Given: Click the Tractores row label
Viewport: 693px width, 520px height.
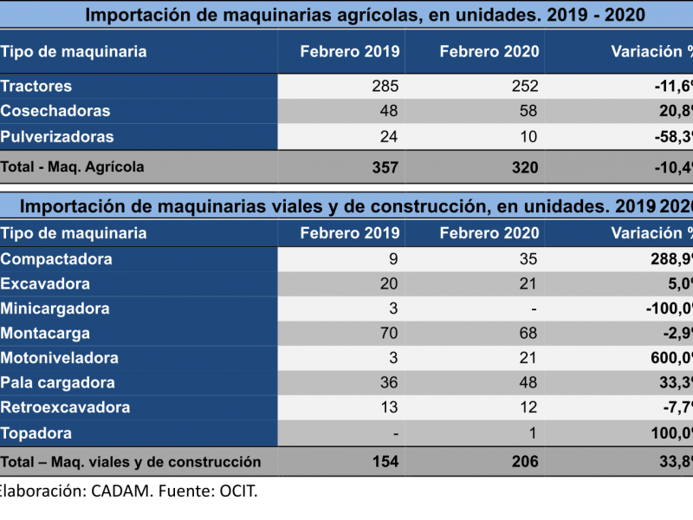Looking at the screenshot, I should tap(36, 87).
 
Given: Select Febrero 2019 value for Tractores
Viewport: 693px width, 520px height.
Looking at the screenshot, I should tap(384, 87).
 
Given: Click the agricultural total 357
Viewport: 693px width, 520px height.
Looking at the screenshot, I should tap(384, 167).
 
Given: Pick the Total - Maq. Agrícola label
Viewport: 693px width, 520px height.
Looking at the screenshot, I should tap(73, 167).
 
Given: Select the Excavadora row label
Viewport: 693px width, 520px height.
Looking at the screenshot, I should tap(45, 284).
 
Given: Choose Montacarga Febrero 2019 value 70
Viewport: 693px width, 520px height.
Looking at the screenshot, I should tap(389, 334).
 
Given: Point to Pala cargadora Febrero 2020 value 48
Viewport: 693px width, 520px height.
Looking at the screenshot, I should tap(528, 383).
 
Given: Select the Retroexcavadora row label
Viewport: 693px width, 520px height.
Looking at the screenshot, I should tap(66, 407).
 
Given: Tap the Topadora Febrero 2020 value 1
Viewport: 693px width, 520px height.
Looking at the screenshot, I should tap(533, 432).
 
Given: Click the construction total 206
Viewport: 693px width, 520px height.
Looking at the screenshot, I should tap(523, 462).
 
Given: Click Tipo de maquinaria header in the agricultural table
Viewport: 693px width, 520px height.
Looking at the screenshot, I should tap(74, 52).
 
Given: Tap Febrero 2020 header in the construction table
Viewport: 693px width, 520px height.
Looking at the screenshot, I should tap(489, 233).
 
